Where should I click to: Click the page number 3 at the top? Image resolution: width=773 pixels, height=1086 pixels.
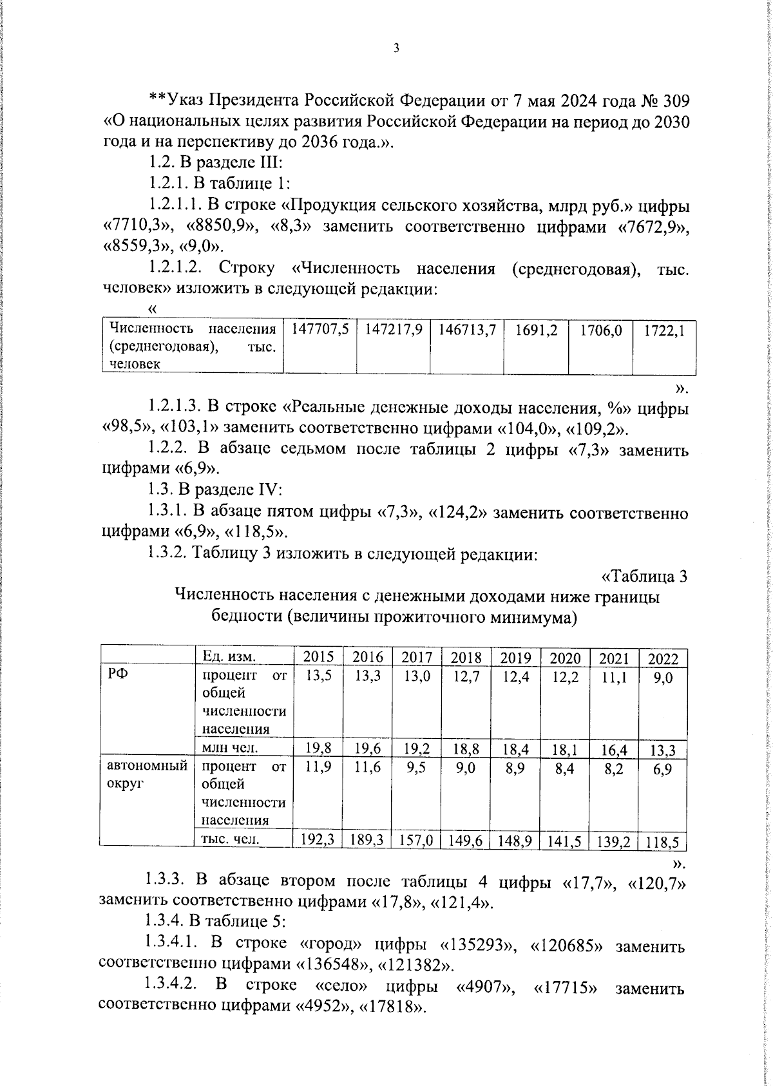(x=396, y=49)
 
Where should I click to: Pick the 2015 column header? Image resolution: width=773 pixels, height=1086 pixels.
(x=318, y=658)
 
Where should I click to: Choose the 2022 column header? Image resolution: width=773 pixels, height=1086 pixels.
(x=663, y=659)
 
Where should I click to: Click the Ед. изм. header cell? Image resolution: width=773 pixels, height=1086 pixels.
(x=229, y=656)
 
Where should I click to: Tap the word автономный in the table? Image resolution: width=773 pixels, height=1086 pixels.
(x=148, y=767)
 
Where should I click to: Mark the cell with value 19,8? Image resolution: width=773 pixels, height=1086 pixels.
(x=319, y=748)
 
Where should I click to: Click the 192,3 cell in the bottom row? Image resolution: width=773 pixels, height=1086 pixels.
(x=318, y=841)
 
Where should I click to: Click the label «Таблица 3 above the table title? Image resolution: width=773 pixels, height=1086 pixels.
(x=644, y=576)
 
